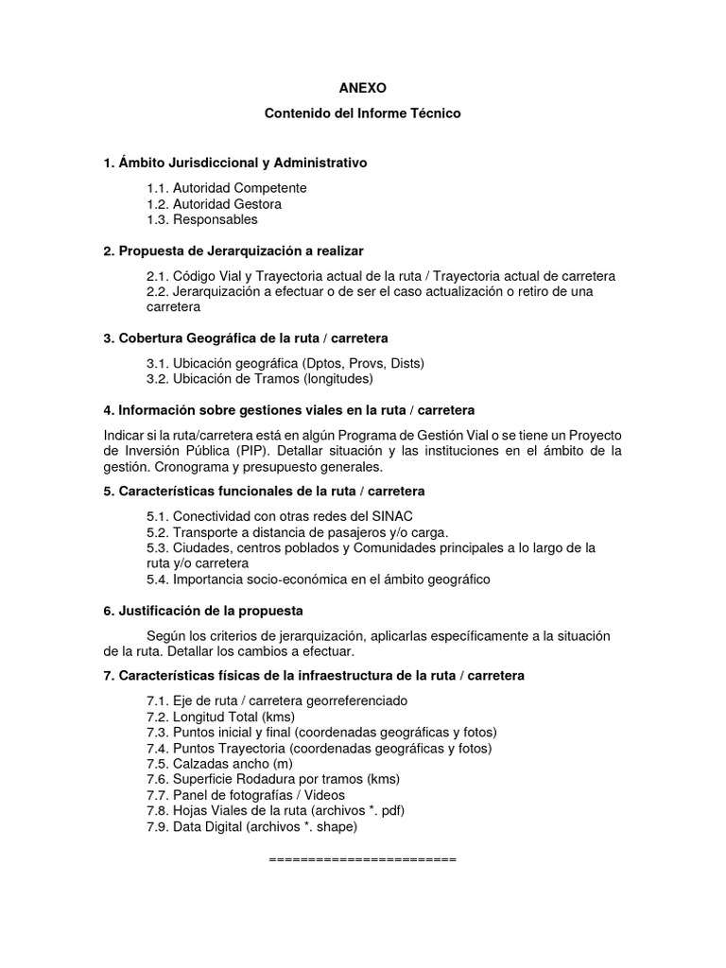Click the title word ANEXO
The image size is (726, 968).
[362, 87]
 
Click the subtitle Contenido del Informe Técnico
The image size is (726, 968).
[362, 113]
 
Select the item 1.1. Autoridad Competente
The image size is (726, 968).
[226, 188]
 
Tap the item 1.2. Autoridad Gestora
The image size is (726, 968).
[214, 203]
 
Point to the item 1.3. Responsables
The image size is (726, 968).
[201, 219]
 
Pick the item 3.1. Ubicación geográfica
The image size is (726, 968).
[285, 363]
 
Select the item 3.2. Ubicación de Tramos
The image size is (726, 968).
[260, 379]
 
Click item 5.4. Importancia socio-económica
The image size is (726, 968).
[319, 579]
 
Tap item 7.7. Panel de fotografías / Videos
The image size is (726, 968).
[246, 795]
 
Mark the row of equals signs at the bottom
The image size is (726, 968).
[362, 859]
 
